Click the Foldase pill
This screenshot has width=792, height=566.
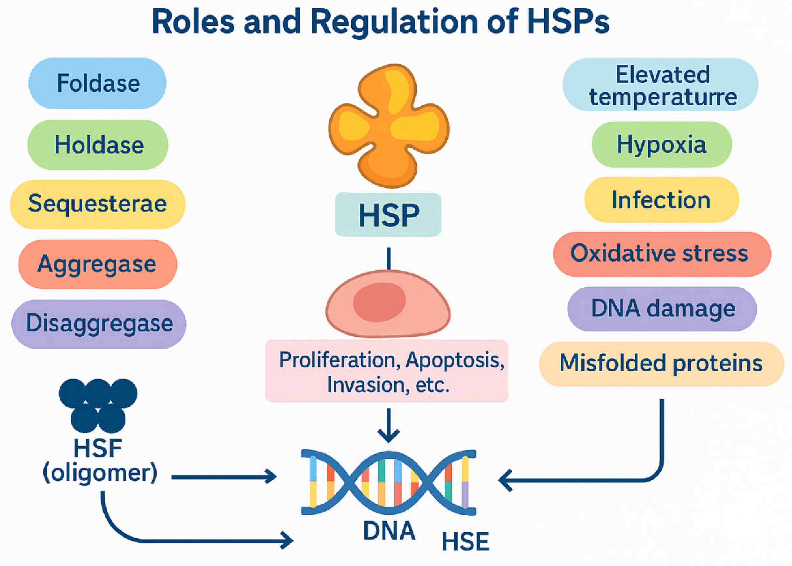(97, 83)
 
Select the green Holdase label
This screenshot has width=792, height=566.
(98, 145)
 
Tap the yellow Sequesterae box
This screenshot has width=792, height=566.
(98, 204)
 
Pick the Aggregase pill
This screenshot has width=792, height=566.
(98, 264)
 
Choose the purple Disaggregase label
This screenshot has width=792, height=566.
(99, 324)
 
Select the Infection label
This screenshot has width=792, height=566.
(661, 200)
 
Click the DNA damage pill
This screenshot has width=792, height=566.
(662, 309)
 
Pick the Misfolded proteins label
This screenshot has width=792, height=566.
(661, 364)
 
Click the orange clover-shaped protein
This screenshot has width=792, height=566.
(389, 126)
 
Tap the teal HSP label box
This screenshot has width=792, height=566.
(388, 215)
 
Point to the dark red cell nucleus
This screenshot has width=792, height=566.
(379, 301)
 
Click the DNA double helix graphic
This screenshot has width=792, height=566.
(389, 483)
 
